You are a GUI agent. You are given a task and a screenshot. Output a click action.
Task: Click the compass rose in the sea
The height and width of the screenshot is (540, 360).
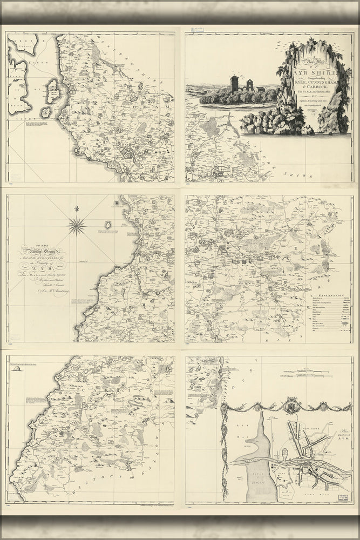(x=77, y=225)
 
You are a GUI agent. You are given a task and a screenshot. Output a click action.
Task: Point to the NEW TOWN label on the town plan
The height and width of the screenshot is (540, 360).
(x=316, y=426)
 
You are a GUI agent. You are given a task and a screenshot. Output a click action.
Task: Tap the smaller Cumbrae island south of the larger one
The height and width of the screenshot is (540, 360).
(x=46, y=112)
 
